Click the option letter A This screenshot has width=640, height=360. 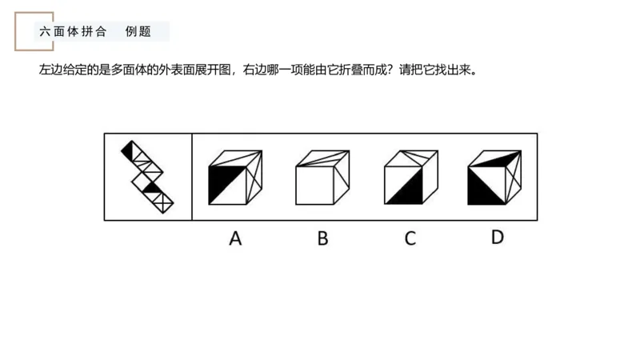(234, 238)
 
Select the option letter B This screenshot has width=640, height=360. (322, 238)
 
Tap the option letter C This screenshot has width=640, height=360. (410, 238)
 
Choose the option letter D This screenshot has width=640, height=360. (497, 237)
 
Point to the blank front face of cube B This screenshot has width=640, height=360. (315, 185)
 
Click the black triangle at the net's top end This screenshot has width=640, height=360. (127, 149)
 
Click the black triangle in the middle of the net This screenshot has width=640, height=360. (151, 187)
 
